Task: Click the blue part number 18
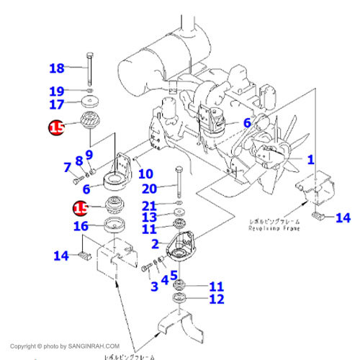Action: tap(57, 68)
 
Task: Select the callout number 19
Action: tap(57, 91)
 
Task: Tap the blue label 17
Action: tap(57, 104)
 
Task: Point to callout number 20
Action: tap(149, 189)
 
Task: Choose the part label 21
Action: tap(149, 206)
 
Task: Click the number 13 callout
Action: tap(149, 217)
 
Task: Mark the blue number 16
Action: tap(81, 227)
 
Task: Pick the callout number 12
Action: tap(217, 299)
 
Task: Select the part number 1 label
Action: tap(311, 160)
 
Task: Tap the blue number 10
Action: tap(145, 174)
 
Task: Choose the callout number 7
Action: tap(67, 168)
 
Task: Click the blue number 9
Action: tap(89, 153)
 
